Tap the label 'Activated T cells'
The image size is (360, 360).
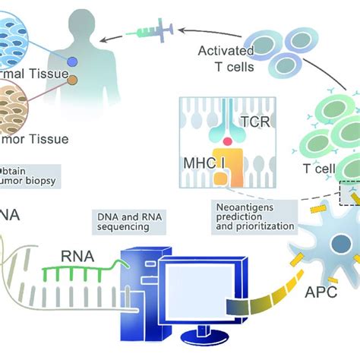(227, 58)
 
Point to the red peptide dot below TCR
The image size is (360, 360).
(227, 141)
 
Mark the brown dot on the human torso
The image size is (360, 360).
(73, 79)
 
